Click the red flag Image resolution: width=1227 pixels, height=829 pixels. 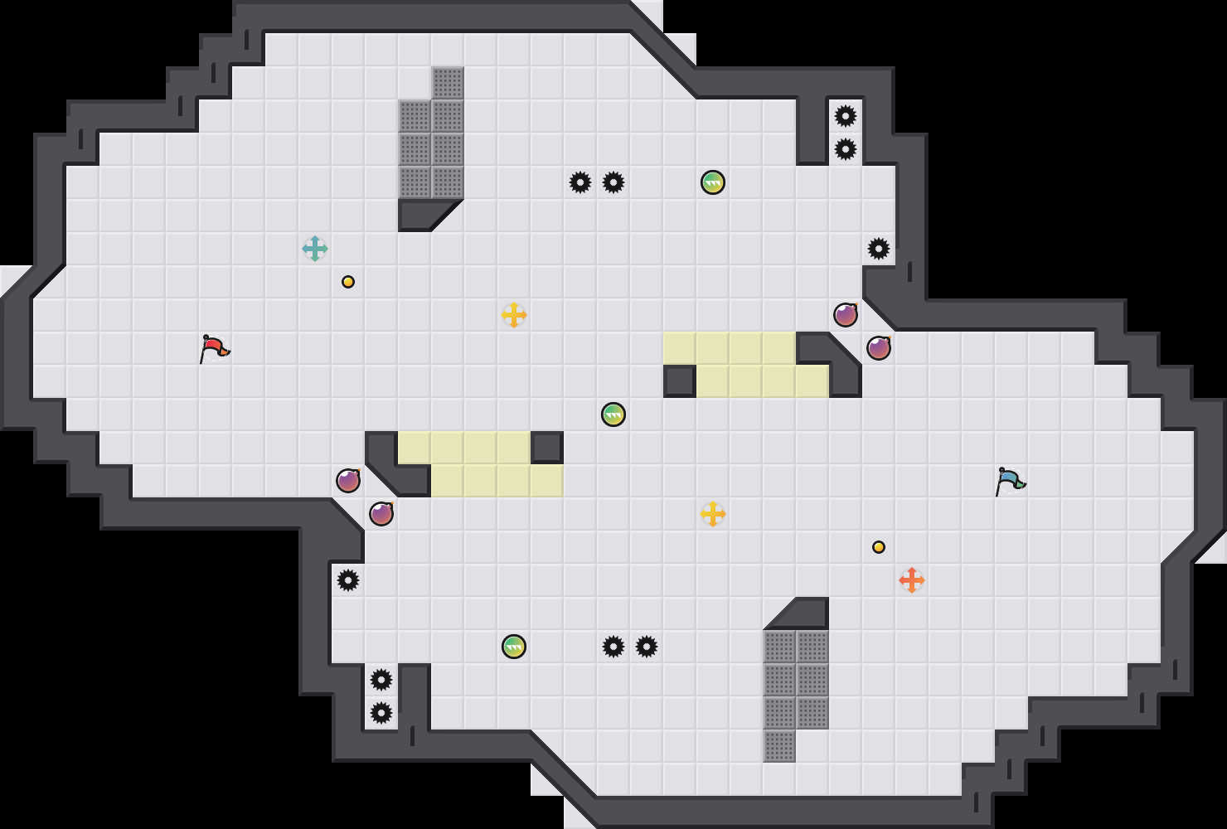(214, 348)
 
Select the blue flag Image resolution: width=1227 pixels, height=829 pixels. (1010, 481)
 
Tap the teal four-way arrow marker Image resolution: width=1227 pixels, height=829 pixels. (315, 249)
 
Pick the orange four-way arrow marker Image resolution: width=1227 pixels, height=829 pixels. (912, 580)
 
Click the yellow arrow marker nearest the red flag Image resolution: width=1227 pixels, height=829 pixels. (514, 315)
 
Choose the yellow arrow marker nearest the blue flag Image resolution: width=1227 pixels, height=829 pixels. (713, 514)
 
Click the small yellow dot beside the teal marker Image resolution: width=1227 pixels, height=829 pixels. (348, 282)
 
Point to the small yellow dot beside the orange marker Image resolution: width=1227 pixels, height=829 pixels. (879, 547)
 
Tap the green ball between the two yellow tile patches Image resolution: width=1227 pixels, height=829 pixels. (613, 414)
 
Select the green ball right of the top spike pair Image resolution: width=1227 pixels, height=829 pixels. (713, 182)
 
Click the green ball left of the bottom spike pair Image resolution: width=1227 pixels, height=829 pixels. (514, 647)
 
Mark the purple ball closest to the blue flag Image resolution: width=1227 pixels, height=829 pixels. (879, 348)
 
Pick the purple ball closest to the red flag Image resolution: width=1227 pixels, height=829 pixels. (348, 481)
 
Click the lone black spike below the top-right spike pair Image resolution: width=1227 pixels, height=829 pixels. (879, 249)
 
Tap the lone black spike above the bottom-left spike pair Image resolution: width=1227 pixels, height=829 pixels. (348, 580)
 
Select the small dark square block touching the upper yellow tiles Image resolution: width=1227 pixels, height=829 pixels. (680, 381)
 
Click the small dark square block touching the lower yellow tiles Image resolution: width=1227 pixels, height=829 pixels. (547, 448)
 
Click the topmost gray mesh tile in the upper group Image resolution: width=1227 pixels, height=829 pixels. (448, 83)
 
